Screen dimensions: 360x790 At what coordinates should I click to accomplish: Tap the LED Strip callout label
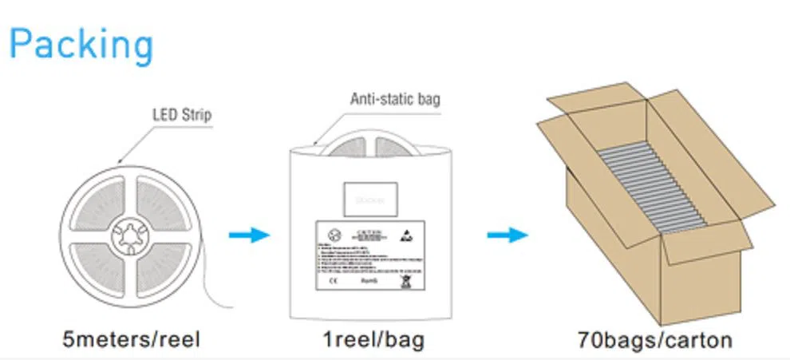click(x=182, y=114)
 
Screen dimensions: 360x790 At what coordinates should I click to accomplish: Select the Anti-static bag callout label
click(x=395, y=100)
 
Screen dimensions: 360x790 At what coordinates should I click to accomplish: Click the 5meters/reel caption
click(x=132, y=339)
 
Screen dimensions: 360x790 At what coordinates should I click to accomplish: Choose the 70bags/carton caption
click(x=654, y=339)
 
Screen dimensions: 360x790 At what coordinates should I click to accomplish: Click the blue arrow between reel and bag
click(x=249, y=235)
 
